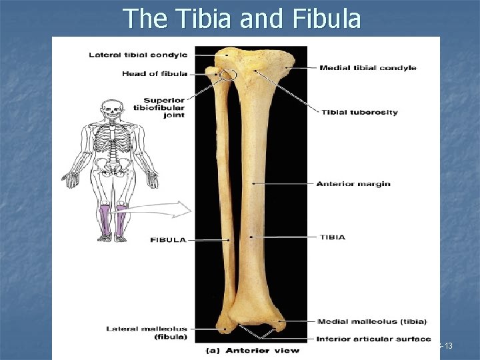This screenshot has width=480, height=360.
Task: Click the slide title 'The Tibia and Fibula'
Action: [x=242, y=19]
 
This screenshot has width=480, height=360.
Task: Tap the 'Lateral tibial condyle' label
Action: [x=138, y=55]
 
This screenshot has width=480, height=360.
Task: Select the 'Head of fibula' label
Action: [x=154, y=73]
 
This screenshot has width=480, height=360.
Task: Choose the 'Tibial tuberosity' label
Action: [x=359, y=112]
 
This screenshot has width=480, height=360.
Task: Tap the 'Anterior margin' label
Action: [x=353, y=184]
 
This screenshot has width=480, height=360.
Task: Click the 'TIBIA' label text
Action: [x=332, y=237]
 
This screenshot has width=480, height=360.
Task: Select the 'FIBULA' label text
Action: [x=168, y=239]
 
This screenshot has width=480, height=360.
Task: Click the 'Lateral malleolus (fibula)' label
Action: [x=147, y=332]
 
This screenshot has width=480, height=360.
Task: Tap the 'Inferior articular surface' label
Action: [x=373, y=339]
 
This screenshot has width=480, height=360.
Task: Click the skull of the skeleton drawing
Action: [x=111, y=108]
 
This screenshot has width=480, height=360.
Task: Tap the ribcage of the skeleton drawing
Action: [x=111, y=139]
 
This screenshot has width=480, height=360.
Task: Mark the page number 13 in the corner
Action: [x=447, y=345]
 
